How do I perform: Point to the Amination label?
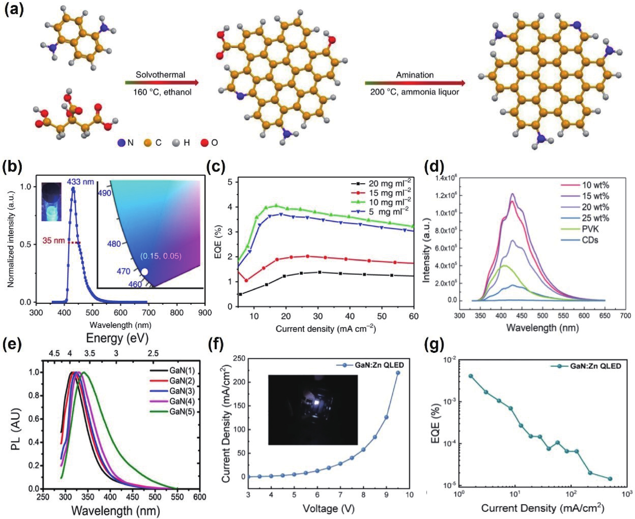pos(415,75)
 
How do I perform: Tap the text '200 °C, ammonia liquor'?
pos(415,92)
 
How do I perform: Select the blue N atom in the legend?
pos(121,143)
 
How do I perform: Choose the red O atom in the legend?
pos(204,143)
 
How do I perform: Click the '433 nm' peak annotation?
pos(80,181)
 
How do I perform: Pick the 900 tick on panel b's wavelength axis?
pos(205,313)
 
